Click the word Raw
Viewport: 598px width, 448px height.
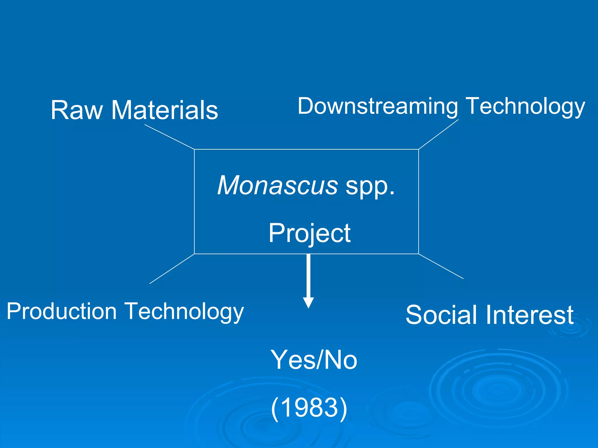[77, 110]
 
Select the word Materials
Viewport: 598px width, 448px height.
[165, 110]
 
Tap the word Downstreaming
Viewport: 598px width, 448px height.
[378, 106]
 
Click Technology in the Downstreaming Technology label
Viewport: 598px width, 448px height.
[525, 107]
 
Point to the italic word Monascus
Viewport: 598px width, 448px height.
[278, 185]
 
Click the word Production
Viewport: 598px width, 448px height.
[62, 311]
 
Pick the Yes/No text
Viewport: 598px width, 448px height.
[314, 360]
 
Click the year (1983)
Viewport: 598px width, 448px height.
[309, 407]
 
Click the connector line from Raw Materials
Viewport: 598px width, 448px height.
[169, 137]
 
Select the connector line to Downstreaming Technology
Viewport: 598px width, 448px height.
[439, 134]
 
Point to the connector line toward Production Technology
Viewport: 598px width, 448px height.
[172, 269]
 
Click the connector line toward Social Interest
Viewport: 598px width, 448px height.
[441, 266]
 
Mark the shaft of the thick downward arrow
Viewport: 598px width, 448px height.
[308, 276]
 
